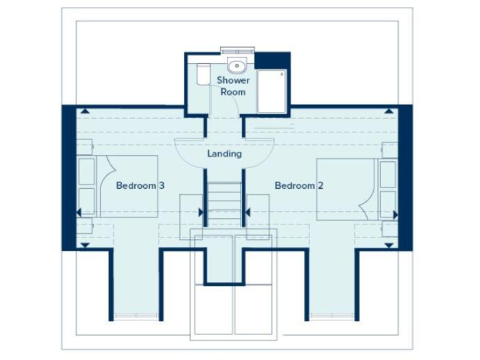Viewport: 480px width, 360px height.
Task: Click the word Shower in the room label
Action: pos(233,80)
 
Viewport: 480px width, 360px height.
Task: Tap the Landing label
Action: pos(224,154)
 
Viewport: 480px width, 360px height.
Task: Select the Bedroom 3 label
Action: pos(141,186)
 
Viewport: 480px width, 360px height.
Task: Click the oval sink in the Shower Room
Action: pos(237,65)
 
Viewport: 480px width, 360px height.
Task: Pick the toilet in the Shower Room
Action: pos(202,75)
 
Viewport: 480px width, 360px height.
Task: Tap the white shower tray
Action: pos(271,91)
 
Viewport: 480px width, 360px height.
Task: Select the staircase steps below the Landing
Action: pos(224,198)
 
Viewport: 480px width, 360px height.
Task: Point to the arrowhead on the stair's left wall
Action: pos(201,212)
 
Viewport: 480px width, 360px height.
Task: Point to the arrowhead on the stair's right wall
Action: pos(248,212)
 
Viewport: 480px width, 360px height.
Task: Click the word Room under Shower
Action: pos(233,92)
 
